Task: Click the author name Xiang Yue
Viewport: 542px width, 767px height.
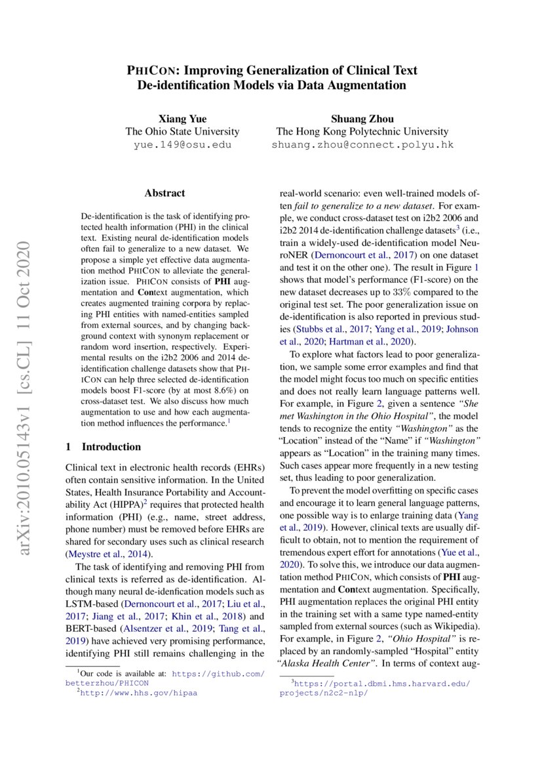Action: (x=182, y=119)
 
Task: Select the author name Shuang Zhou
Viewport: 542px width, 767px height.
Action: (x=362, y=119)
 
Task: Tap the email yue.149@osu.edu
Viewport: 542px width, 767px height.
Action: (x=182, y=145)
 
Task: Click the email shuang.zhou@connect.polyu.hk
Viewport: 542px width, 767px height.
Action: (x=362, y=145)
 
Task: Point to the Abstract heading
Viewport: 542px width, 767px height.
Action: (x=165, y=193)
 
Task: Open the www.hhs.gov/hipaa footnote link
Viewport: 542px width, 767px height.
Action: (x=140, y=692)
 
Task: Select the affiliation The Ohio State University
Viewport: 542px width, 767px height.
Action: (x=182, y=131)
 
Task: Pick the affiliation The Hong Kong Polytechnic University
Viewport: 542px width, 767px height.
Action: (x=362, y=131)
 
